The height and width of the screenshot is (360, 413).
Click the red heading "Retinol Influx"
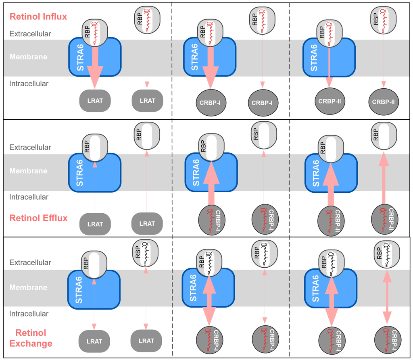38,17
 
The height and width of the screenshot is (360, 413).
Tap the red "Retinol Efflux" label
38,218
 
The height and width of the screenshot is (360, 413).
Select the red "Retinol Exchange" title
34,338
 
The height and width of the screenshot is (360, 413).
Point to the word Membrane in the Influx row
28,57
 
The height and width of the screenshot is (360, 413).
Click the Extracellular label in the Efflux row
30,148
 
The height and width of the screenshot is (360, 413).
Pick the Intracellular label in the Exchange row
29,314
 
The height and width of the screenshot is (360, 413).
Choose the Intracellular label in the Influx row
29,84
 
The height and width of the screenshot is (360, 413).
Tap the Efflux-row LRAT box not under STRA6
147,223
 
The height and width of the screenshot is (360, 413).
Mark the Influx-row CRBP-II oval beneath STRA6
329,101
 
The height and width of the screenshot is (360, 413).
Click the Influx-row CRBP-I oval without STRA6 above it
262,103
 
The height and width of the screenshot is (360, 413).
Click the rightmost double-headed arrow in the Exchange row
387,296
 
